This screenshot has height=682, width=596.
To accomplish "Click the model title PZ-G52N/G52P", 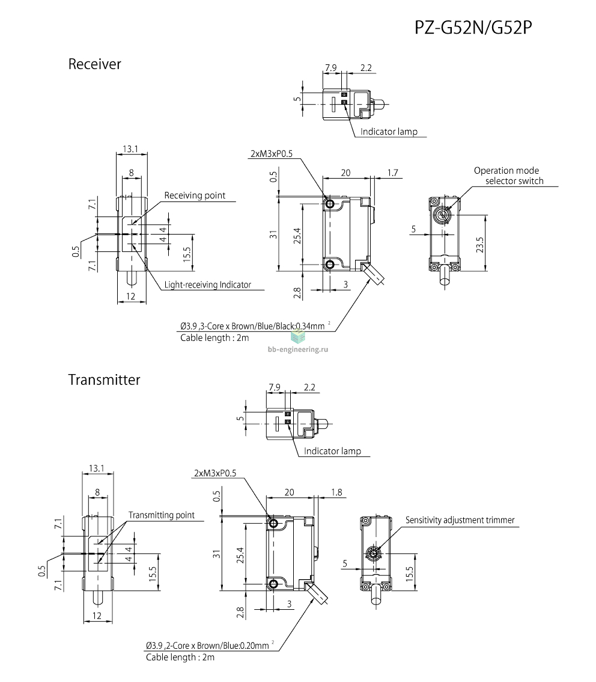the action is click(x=473, y=28).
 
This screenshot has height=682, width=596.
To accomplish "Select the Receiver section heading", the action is click(x=95, y=64).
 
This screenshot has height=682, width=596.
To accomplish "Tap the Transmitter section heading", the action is click(x=105, y=379).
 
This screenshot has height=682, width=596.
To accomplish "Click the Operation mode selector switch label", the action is click(x=508, y=176).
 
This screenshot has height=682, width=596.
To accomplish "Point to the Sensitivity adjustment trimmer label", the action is click(x=460, y=520).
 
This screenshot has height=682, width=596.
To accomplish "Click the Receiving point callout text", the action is click(x=195, y=195).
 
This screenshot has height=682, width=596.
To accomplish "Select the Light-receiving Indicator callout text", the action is click(x=208, y=285).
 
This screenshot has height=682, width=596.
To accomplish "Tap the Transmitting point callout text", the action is click(x=162, y=515).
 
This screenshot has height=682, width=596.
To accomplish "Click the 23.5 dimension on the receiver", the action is click(x=479, y=245).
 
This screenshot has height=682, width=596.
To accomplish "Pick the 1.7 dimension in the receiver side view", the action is click(x=393, y=173).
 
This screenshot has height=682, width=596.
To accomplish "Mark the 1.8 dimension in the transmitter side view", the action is click(x=336, y=492).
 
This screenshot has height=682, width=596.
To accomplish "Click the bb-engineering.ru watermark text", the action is click(x=298, y=349).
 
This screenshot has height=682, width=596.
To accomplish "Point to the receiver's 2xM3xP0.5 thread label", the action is click(x=272, y=153).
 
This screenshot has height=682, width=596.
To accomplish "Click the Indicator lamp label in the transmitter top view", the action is click(x=332, y=451).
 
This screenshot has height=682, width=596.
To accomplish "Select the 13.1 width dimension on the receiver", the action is click(x=130, y=149).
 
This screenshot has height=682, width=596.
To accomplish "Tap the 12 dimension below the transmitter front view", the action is click(x=97, y=615).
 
